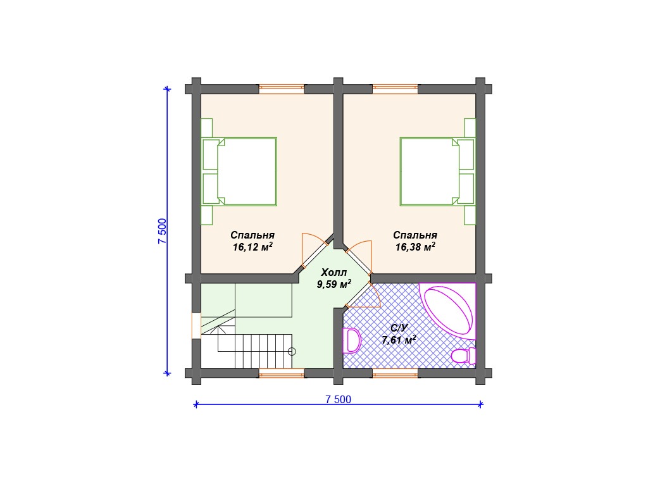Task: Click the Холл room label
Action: tap(334, 272)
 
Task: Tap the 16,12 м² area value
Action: tap(252, 247)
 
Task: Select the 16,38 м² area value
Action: tap(415, 247)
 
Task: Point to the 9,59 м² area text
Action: tap(334, 284)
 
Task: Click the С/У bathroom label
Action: tap(399, 328)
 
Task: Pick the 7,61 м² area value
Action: tap(399, 340)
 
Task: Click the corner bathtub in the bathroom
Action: tap(448, 311)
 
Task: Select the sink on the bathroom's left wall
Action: tap(352, 340)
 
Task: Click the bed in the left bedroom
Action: tap(239, 172)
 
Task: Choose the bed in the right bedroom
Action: tap(437, 172)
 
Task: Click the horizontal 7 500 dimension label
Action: tap(338, 399)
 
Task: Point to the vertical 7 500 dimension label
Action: tap(162, 231)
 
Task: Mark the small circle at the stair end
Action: tap(292, 352)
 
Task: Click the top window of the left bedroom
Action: tap(282, 89)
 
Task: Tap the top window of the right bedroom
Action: tap(395, 89)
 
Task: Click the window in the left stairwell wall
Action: tap(196, 326)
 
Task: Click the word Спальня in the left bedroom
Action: tap(252, 235)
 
